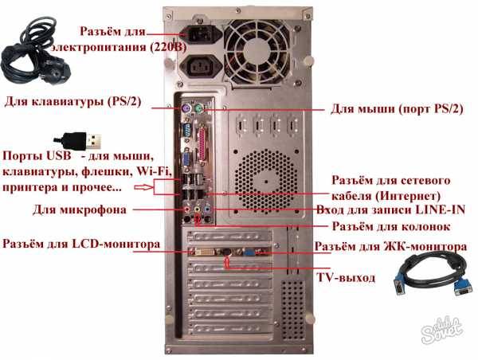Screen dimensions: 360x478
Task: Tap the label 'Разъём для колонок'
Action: coord(385,227)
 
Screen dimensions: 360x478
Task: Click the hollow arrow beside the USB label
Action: coord(143,189)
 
